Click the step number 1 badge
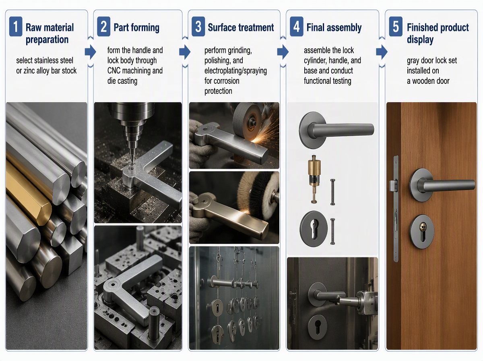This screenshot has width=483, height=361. tap(16, 27)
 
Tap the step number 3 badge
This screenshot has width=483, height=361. tap(198, 27)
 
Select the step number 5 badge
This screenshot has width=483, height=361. tap(396, 27)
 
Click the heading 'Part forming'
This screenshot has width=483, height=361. tap(136, 28)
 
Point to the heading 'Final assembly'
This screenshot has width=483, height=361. tap(334, 28)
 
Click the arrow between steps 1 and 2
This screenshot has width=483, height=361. tap(91, 52)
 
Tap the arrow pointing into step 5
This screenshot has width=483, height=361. tap(382, 52)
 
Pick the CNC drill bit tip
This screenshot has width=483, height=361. tap(132, 164)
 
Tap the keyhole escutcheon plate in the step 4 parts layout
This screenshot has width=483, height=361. tap(314, 229)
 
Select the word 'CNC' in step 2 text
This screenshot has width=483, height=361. tap(114, 71)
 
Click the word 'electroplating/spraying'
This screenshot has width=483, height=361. tap(235, 71)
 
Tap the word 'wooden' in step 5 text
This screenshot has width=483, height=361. tap(431, 81)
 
